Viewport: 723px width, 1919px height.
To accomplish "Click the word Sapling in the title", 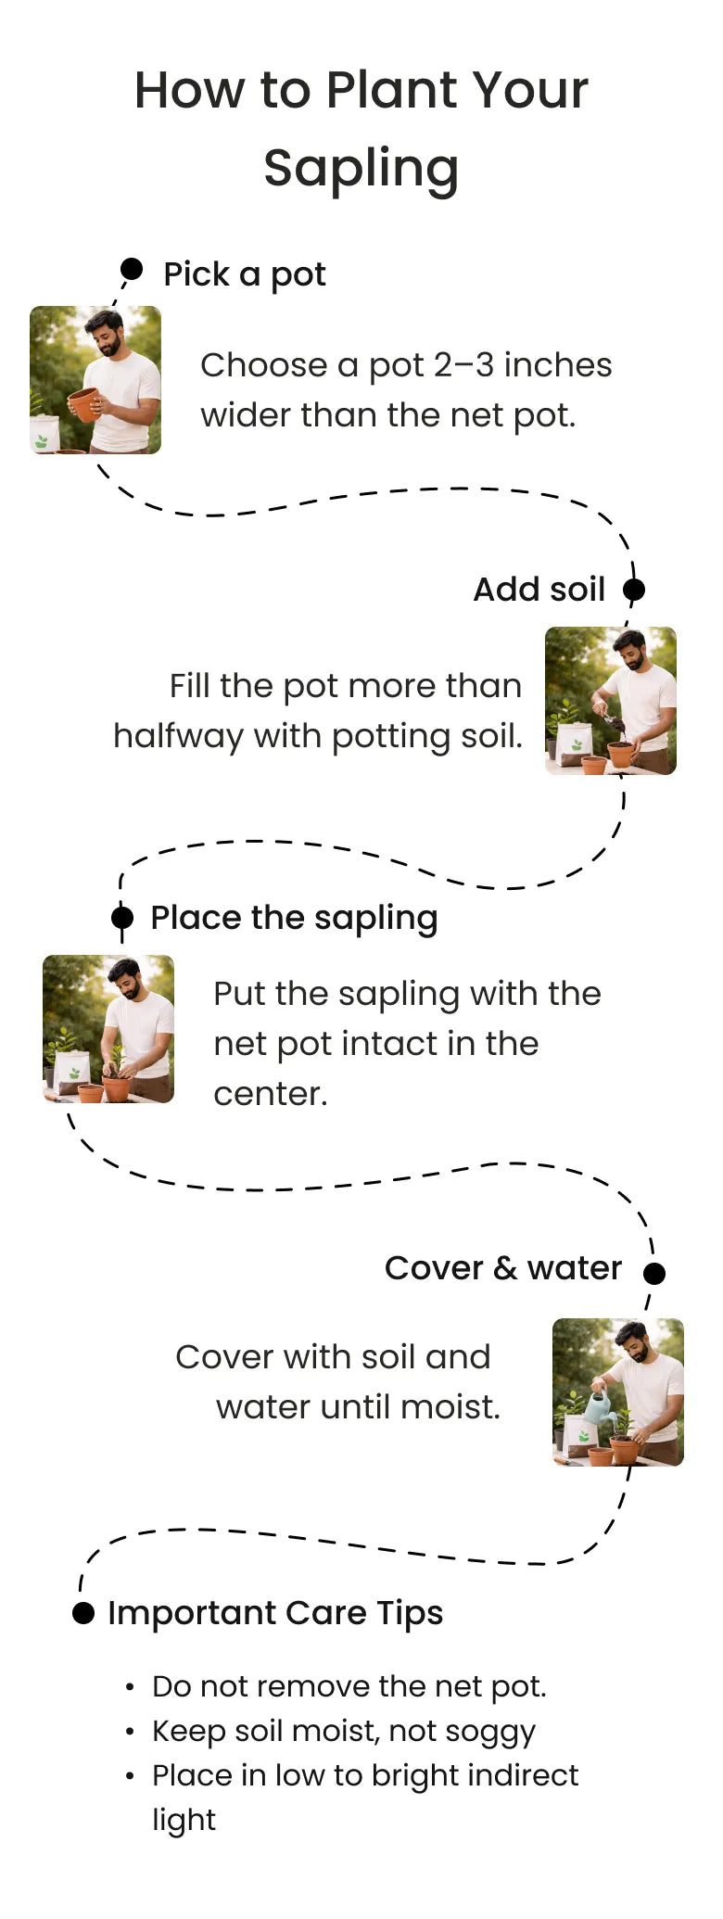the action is [361, 170].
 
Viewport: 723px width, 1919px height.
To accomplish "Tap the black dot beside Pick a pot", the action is [132, 269].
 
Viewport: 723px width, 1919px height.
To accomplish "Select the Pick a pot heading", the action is [245, 275].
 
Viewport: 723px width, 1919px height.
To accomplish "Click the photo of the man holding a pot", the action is [95, 380].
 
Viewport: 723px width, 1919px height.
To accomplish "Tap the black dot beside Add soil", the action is [634, 589].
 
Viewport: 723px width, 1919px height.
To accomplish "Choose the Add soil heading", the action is [539, 590].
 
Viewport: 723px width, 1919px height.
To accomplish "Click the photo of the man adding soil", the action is [611, 701].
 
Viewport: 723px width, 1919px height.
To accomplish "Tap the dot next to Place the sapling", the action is [122, 917].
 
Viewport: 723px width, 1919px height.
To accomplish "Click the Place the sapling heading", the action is [294, 919].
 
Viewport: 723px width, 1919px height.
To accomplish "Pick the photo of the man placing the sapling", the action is [108, 1029].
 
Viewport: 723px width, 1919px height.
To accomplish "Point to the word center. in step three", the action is [271, 1095].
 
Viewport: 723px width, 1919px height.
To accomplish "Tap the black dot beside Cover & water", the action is [654, 1273].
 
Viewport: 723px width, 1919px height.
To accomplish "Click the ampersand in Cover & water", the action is [505, 1268].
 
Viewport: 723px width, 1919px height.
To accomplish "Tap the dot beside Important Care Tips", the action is [83, 1613].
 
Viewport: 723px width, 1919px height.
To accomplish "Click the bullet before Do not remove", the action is [131, 1687].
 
